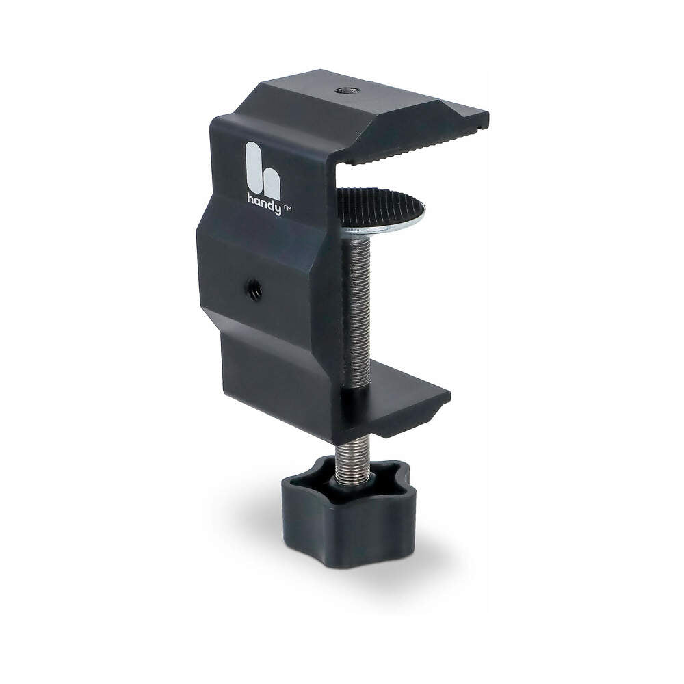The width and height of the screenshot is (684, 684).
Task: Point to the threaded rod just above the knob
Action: click(352, 455)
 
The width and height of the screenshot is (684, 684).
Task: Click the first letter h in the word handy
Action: click(250, 199)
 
